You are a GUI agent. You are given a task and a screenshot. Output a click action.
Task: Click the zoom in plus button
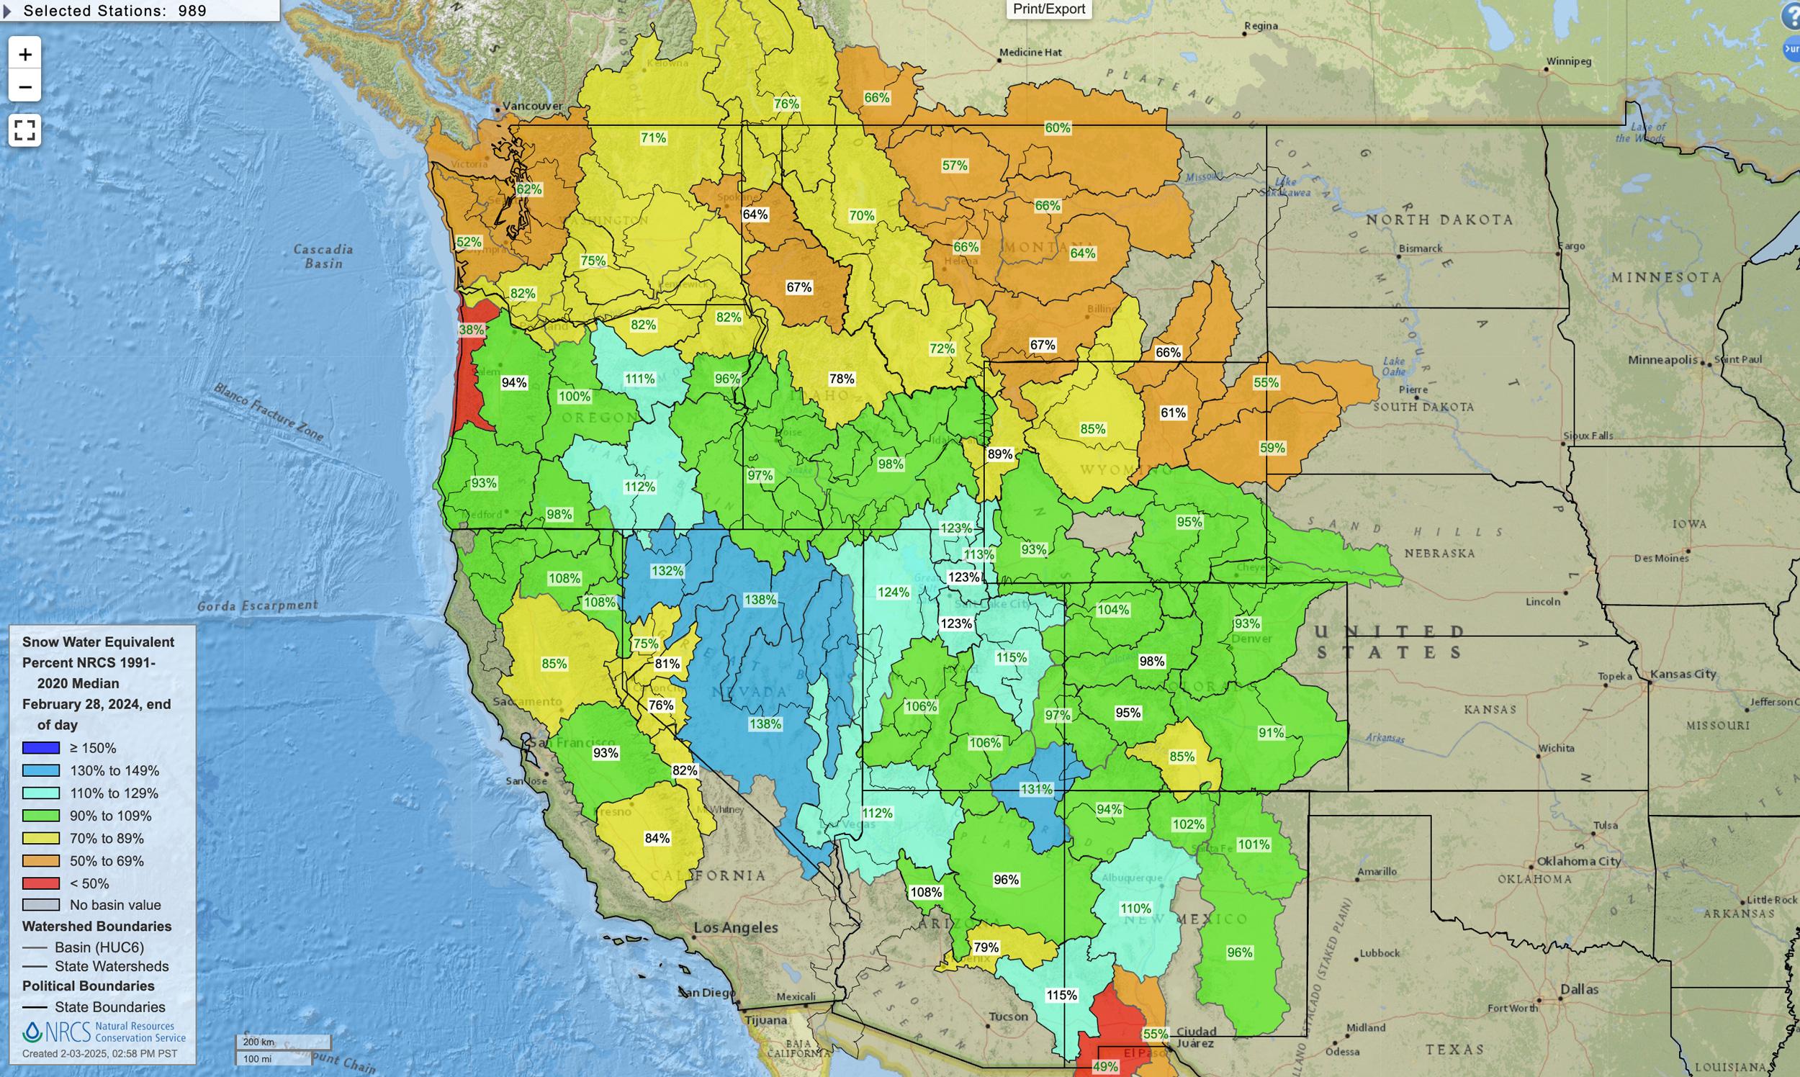pyautogui.click(x=24, y=55)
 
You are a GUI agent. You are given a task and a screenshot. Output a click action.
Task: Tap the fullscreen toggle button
pyautogui.click(x=24, y=130)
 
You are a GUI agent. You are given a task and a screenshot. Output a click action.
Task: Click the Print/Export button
pyautogui.click(x=1049, y=9)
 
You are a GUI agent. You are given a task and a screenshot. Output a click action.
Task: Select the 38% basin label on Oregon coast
pyautogui.click(x=471, y=330)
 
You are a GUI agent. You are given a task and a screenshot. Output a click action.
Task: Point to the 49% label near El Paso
pyautogui.click(x=1104, y=1066)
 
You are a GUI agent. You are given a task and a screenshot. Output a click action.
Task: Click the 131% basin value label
pyautogui.click(x=1036, y=789)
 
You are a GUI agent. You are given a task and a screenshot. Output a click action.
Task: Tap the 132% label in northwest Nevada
pyautogui.click(x=666, y=571)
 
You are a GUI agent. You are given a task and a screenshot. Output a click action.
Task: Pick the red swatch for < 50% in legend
pyautogui.click(x=40, y=883)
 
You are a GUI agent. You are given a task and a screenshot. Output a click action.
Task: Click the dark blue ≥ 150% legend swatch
pyautogui.click(x=40, y=747)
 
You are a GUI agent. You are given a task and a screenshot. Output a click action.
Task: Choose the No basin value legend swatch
pyautogui.click(x=40, y=905)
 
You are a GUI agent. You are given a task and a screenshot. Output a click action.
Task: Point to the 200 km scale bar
pyautogui.click(x=283, y=1042)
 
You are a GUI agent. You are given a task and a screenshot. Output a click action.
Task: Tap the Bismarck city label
pyautogui.click(x=1421, y=248)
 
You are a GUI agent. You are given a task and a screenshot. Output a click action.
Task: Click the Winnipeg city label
pyautogui.click(x=1568, y=62)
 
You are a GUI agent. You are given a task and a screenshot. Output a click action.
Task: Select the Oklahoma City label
pyautogui.click(x=1578, y=862)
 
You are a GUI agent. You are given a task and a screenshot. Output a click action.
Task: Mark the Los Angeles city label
pyautogui.click(x=735, y=927)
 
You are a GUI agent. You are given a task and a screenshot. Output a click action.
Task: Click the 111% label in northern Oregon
pyautogui.click(x=639, y=379)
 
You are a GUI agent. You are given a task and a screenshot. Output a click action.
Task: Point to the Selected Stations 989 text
pyautogui.click(x=114, y=11)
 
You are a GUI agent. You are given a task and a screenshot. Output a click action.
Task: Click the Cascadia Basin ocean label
pyautogui.click(x=323, y=256)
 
